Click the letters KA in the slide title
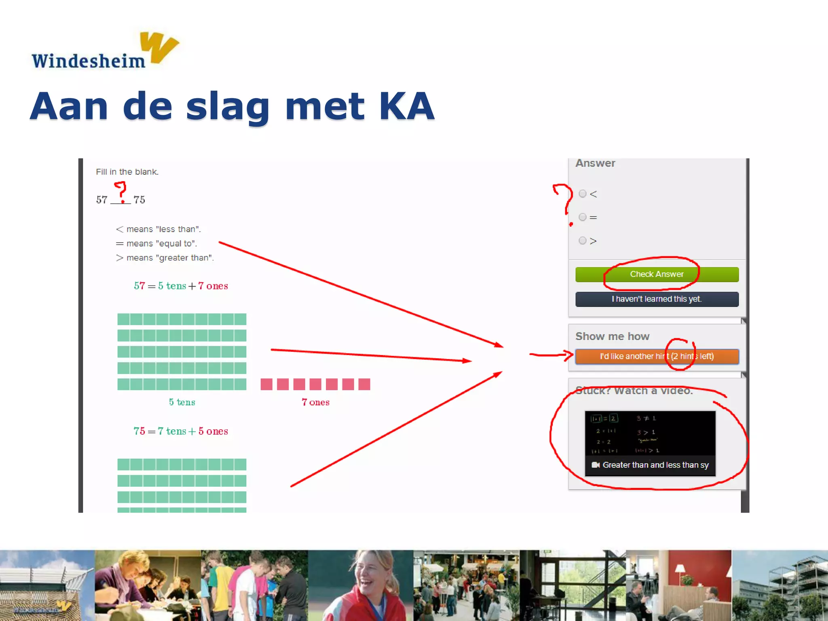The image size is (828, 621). (406, 106)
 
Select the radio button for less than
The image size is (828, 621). (583, 194)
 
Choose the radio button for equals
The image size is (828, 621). (583, 217)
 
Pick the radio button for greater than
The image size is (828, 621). (583, 241)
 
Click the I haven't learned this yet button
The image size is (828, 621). (657, 299)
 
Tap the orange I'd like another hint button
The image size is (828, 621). (657, 356)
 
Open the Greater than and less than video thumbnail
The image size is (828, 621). (650, 443)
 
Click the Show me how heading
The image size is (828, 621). (612, 336)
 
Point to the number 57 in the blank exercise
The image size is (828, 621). (102, 200)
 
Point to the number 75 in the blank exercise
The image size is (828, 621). (139, 200)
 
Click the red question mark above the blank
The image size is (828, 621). (120, 191)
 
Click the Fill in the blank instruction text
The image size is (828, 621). (127, 172)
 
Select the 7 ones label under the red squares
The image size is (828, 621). (315, 402)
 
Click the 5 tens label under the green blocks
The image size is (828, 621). (182, 402)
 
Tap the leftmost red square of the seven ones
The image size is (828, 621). (266, 384)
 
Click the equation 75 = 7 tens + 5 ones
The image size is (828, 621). (181, 431)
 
